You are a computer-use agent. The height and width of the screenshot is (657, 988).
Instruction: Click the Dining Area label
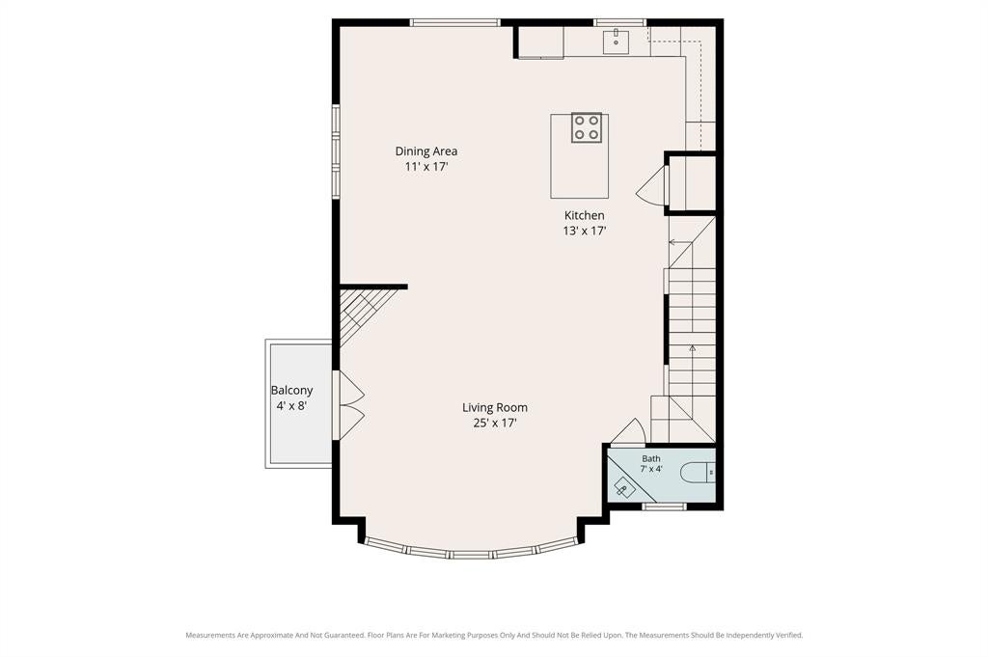(425, 151)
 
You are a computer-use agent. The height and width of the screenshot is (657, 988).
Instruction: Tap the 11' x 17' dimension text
(425, 167)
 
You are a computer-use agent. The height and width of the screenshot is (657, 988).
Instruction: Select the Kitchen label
(584, 215)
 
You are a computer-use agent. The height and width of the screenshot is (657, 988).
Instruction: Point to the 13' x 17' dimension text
(584, 232)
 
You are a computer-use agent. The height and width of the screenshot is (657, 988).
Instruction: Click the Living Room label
(495, 407)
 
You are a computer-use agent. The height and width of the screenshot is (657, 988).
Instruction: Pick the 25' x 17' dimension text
(495, 424)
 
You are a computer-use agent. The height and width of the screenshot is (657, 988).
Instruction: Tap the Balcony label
(291, 391)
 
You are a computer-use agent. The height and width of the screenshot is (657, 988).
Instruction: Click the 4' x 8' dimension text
(291, 406)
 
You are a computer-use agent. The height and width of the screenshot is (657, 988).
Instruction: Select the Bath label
(651, 458)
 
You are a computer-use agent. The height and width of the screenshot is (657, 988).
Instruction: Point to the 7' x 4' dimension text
(651, 469)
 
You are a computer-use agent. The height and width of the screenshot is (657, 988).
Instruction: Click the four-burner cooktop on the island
(586, 127)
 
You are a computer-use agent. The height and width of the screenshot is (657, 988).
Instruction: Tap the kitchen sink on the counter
(616, 41)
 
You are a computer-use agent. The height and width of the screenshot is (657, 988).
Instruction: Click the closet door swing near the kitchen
(651, 185)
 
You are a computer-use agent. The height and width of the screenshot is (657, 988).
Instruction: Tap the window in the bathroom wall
(664, 506)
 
